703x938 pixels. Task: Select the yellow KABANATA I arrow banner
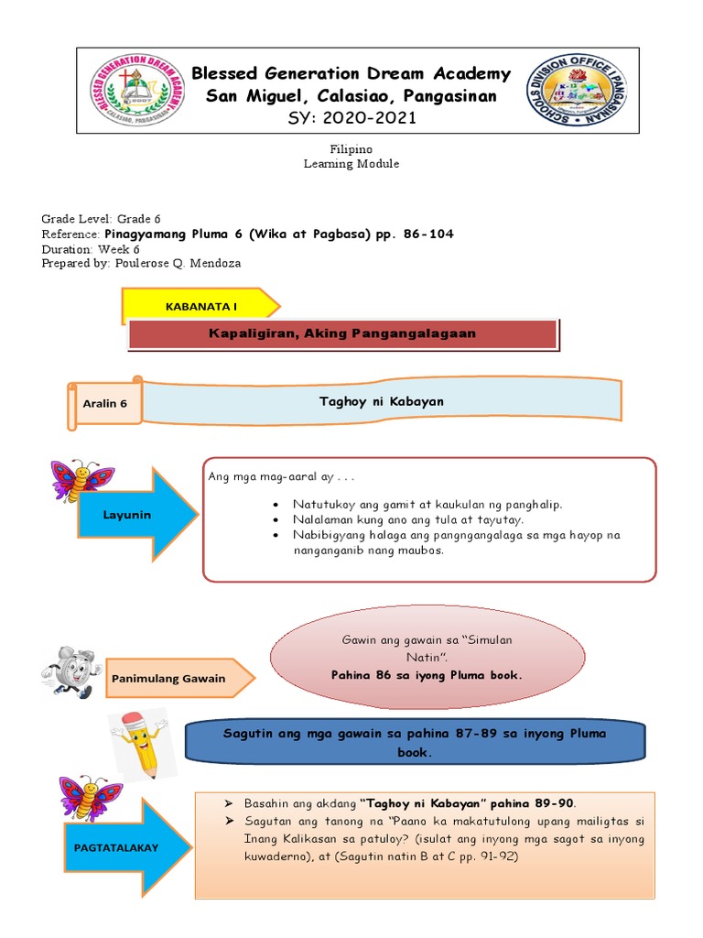click(200, 306)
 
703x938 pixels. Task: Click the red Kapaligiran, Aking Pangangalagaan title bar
click(341, 333)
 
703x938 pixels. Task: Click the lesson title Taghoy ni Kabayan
click(381, 402)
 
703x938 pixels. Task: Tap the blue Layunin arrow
click(137, 515)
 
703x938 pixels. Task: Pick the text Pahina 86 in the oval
click(426, 675)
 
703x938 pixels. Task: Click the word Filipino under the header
click(351, 148)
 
